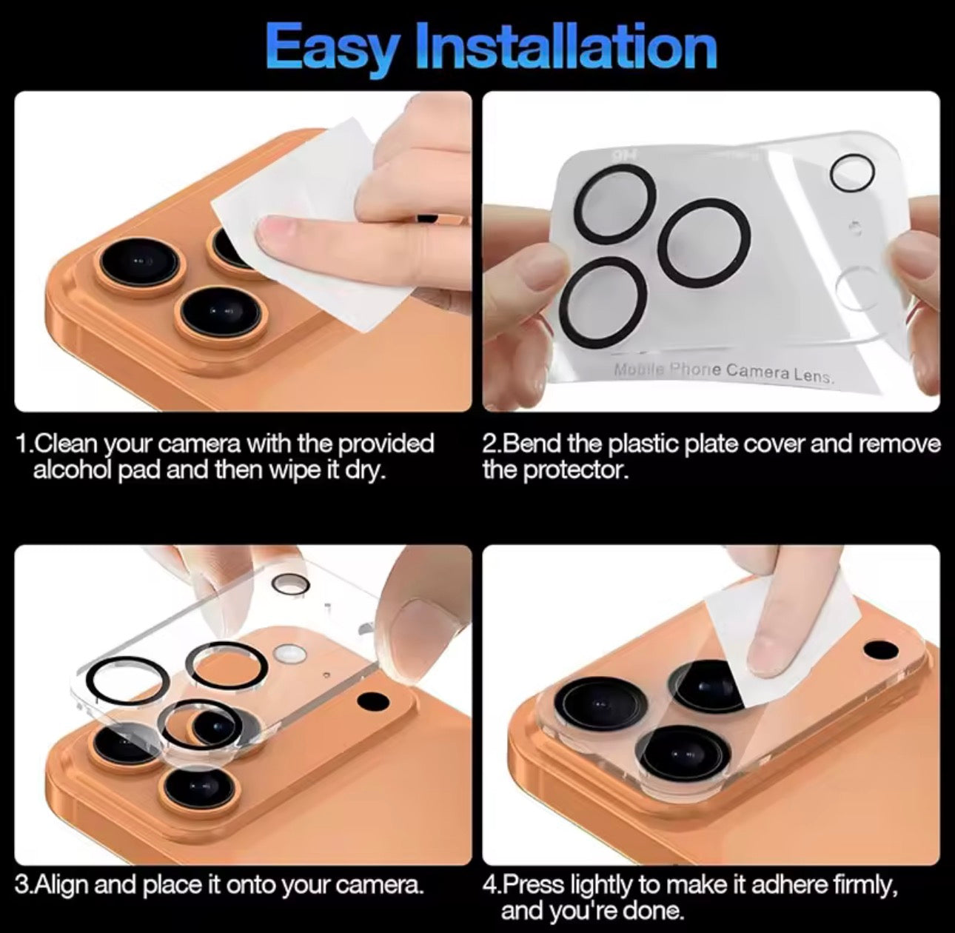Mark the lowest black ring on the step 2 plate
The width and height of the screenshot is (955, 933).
(602, 300)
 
